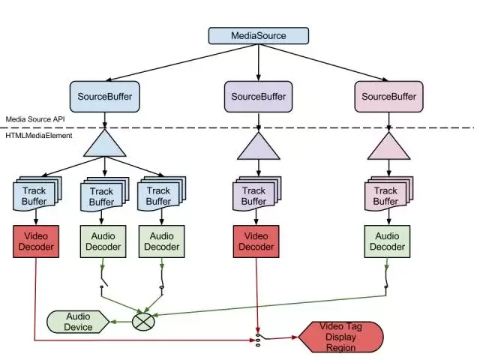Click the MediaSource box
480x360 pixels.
coord(258,35)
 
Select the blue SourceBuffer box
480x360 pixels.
coord(105,97)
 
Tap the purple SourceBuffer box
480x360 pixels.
coord(258,97)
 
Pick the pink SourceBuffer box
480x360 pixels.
coord(388,97)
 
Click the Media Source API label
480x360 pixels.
coord(35,119)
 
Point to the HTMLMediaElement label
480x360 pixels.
coord(39,135)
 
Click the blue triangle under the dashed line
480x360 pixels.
coord(105,143)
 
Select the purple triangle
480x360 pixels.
coord(258,146)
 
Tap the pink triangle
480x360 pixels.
coord(388,146)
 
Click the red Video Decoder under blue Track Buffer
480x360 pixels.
coord(36,241)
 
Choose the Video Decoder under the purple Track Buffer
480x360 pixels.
coord(256,241)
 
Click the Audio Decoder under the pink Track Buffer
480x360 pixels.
coord(387,241)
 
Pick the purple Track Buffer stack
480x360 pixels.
coord(256,193)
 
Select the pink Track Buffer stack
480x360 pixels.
coord(388,193)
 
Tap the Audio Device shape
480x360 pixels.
coord(78,322)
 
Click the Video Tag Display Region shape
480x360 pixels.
coord(340,337)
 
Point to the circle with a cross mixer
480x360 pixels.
coord(143,322)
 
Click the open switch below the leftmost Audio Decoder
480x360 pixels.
coord(103,280)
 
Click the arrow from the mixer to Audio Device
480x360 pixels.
coord(121,322)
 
